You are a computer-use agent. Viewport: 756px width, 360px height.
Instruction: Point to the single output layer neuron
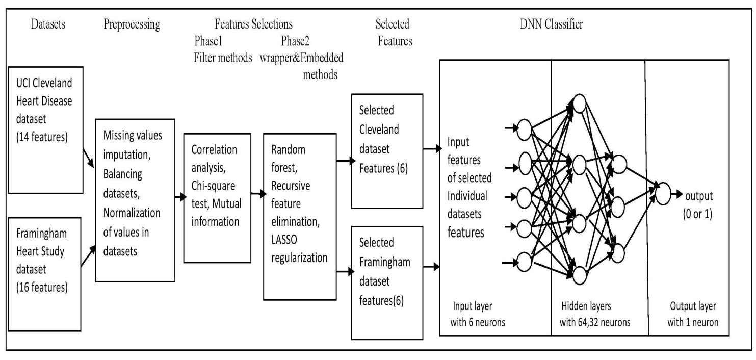662,195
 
